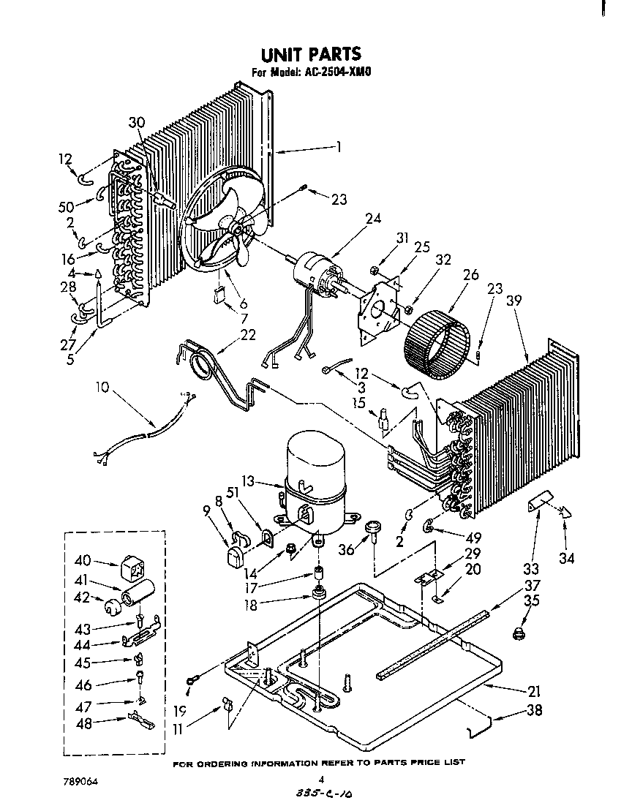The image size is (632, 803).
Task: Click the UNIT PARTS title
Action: [312, 54]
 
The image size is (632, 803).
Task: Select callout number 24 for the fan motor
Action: [375, 218]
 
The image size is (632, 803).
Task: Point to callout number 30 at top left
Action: [138, 122]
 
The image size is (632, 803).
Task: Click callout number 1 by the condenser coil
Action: [339, 146]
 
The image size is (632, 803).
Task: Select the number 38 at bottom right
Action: [534, 710]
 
